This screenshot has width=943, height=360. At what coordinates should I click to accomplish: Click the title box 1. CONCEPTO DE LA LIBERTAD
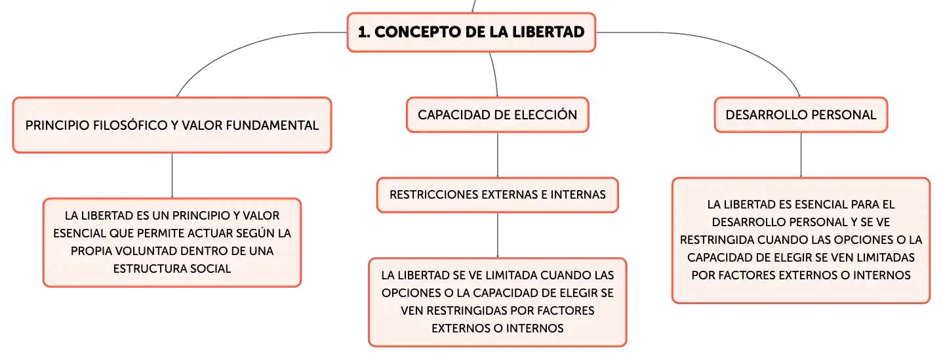(471, 32)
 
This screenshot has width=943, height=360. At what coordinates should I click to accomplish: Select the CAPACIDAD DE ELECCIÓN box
(497, 115)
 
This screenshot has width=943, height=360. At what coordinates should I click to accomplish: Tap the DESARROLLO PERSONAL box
(801, 115)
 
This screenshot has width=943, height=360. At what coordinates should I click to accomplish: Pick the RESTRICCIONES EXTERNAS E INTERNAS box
(497, 195)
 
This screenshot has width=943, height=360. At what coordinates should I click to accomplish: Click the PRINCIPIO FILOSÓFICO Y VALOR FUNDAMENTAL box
(172, 125)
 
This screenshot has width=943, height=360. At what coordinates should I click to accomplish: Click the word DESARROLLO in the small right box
(767, 115)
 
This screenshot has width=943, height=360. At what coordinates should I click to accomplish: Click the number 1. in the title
(364, 32)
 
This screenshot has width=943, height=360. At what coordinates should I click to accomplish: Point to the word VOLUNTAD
(147, 251)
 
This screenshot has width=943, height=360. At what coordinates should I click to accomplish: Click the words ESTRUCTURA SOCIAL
(172, 269)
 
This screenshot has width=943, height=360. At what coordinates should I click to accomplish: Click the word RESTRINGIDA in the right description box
(717, 240)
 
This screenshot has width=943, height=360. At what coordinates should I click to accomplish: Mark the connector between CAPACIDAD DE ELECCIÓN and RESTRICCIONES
(498, 155)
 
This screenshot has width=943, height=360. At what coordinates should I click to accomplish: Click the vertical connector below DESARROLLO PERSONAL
(801, 155)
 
